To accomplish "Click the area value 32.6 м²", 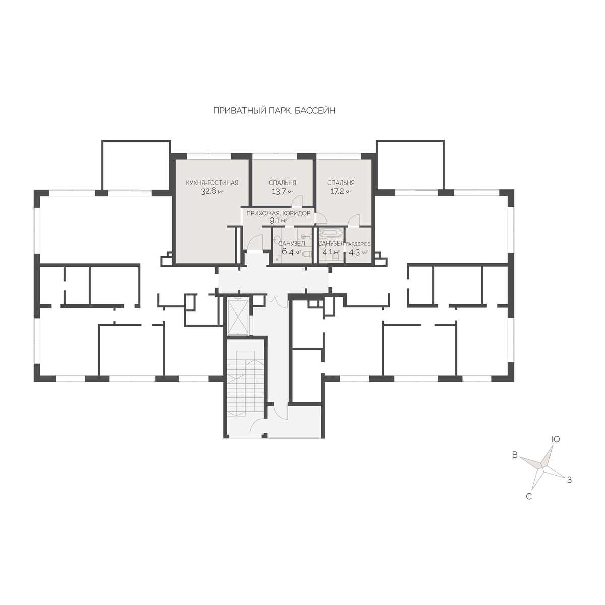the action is [212, 191].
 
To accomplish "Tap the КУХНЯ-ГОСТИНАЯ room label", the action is [212, 183].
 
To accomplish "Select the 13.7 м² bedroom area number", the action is [282, 191].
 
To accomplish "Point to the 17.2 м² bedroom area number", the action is [341, 191].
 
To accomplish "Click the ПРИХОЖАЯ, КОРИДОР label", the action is [278, 213].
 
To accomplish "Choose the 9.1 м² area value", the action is [278, 220].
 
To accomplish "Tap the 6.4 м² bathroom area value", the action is [292, 252].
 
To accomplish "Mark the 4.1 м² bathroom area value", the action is [331, 252].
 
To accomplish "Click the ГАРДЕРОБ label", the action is [358, 244].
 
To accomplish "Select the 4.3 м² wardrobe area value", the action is [358, 252].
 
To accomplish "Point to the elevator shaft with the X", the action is [238, 317].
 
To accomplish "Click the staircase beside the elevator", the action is [245, 384].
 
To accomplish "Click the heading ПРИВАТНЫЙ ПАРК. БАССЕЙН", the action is [274, 111].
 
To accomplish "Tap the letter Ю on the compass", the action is [556, 439].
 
